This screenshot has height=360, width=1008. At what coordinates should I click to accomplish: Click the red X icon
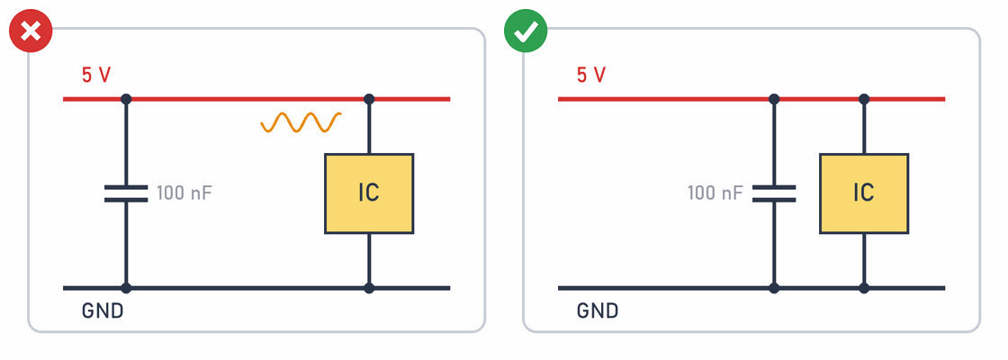pyautogui.click(x=31, y=31)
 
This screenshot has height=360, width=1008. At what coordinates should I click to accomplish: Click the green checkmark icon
pyautogui.click(x=526, y=31)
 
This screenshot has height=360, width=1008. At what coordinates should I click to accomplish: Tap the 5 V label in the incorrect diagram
pyautogui.click(x=96, y=76)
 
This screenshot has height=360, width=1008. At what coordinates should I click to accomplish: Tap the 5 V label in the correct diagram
pyautogui.click(x=591, y=76)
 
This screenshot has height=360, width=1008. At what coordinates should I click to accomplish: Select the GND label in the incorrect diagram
pyautogui.click(x=103, y=311)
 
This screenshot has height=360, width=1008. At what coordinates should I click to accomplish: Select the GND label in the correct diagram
pyautogui.click(x=598, y=311)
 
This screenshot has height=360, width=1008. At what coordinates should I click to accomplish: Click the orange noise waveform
pyautogui.click(x=301, y=122)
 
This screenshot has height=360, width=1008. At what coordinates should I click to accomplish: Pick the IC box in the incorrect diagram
pyautogui.click(x=369, y=193)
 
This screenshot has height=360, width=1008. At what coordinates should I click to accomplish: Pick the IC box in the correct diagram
pyautogui.click(x=864, y=193)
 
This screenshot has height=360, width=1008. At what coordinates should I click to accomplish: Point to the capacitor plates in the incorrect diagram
pyautogui.click(x=126, y=193)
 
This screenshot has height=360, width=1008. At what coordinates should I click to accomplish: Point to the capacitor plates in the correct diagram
pyautogui.click(x=774, y=193)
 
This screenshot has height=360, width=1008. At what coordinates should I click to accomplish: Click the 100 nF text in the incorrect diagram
pyautogui.click(x=184, y=193)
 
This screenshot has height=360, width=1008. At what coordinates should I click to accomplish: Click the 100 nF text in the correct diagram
pyautogui.click(x=715, y=193)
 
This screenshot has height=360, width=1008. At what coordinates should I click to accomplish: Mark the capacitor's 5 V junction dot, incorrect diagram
pyautogui.click(x=126, y=99)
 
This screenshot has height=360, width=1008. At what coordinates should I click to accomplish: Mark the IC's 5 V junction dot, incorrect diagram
pyautogui.click(x=369, y=99)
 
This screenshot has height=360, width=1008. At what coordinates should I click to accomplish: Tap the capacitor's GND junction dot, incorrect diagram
pyautogui.click(x=126, y=288)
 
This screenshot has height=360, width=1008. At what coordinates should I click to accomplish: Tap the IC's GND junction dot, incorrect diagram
pyautogui.click(x=369, y=288)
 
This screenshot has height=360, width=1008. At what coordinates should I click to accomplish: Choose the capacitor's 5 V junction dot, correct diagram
pyautogui.click(x=774, y=99)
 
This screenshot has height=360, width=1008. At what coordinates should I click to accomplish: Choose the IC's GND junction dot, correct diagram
pyautogui.click(x=864, y=288)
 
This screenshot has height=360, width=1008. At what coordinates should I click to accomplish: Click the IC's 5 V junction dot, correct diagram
pyautogui.click(x=864, y=99)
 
